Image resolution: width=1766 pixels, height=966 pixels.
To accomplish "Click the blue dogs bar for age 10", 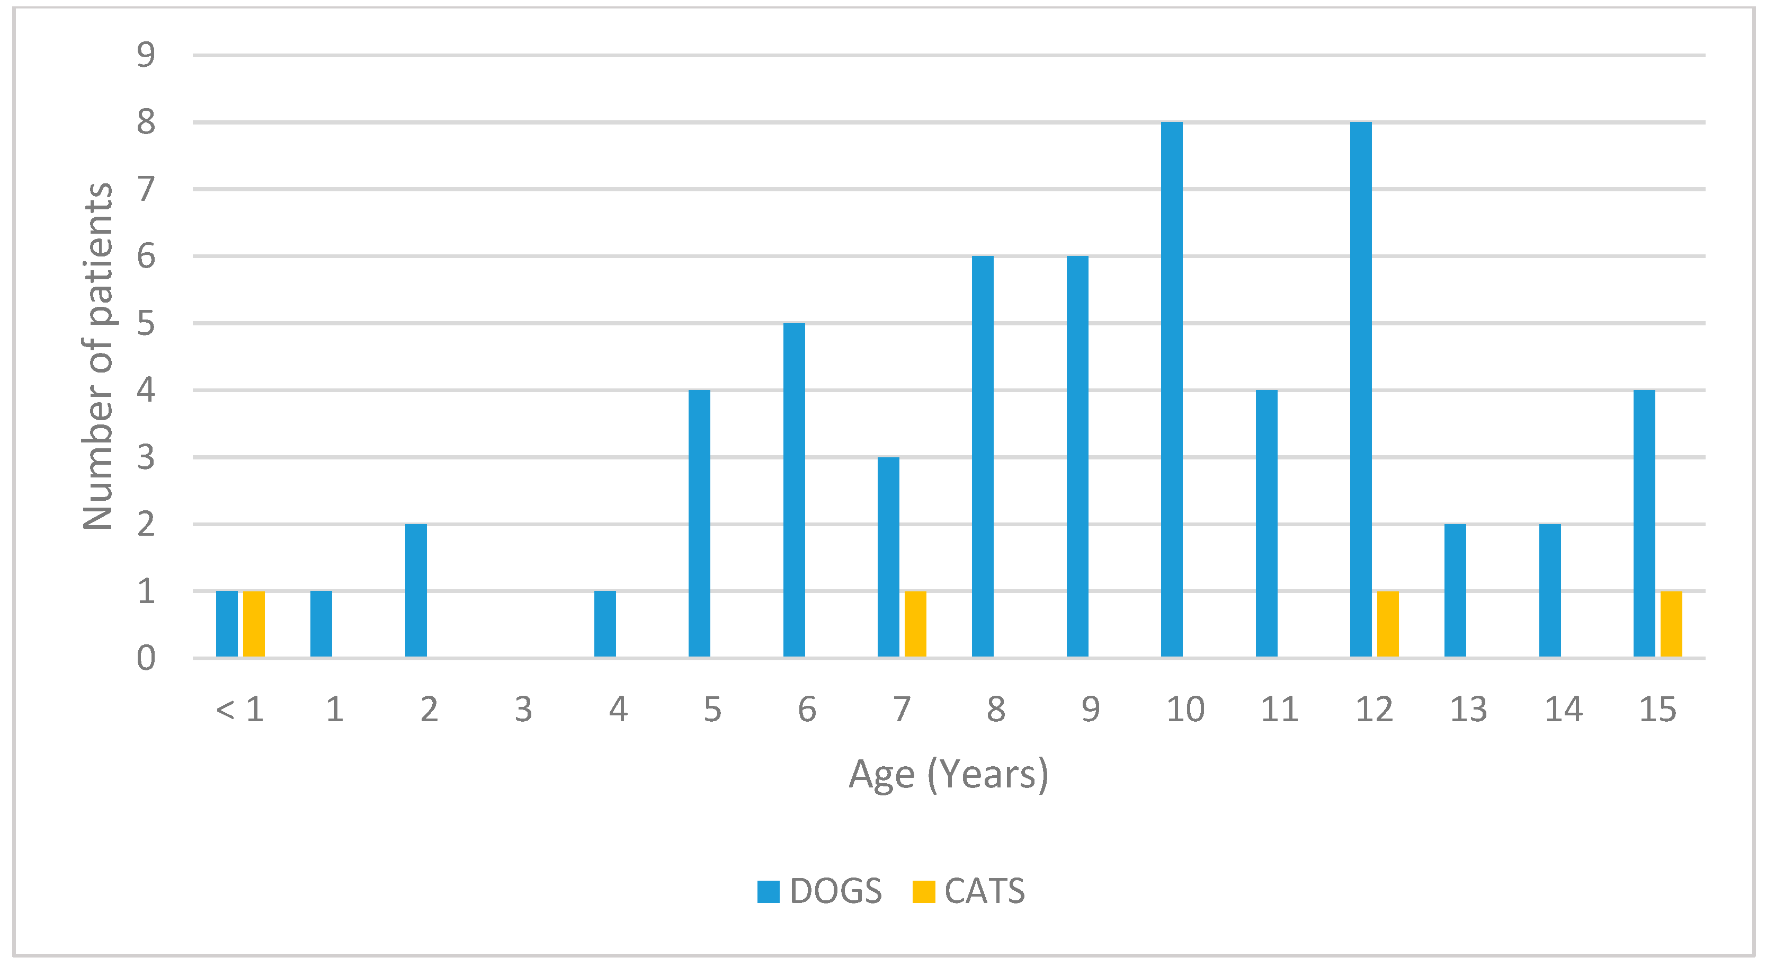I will pos(1172,389).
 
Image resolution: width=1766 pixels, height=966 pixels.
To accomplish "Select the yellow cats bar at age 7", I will pos(915,624).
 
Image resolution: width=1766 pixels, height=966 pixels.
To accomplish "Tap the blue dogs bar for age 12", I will pos(1361,389).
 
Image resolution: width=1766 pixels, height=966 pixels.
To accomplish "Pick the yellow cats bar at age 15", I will pos(1671,624).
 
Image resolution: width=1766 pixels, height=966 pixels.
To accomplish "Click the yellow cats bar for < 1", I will pos(254,624).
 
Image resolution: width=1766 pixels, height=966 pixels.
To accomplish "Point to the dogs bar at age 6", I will pos(794,490).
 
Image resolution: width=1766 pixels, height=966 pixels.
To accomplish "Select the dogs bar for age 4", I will pos(605,624).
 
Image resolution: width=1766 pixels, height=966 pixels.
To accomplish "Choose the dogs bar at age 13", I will pos(1455,590).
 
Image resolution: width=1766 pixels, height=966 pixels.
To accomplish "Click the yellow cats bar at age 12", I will pos(1388,624).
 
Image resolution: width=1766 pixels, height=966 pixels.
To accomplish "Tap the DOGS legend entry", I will pos(820,891).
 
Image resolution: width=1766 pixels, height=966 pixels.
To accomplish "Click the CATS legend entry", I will pos(969,891).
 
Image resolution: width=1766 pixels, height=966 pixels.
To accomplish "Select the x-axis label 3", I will pos(524,709).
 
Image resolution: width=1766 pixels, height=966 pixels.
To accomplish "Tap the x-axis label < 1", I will pos(240,709).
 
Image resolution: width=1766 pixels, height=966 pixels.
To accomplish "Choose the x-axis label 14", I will pos(1563,709).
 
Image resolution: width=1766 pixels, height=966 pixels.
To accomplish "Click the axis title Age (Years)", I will pos(949,775).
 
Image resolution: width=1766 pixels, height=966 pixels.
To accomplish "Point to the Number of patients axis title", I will pos(98,357).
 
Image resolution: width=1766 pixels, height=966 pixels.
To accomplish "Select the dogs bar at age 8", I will pos(983,457).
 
